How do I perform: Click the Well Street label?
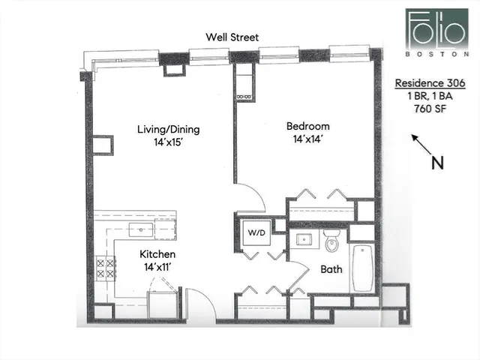234,37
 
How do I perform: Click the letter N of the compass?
433,163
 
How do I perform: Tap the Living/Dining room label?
168,129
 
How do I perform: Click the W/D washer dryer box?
255,232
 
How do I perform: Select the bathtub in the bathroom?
362,268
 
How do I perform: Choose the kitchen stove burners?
105,268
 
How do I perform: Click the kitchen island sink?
140,229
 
